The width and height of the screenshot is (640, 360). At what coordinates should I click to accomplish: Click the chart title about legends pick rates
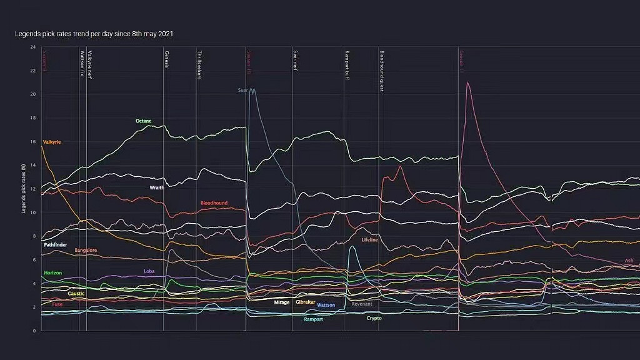click(94, 34)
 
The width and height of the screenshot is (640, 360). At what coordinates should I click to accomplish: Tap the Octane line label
click(144, 121)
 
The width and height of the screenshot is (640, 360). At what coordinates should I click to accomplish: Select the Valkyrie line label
click(51, 142)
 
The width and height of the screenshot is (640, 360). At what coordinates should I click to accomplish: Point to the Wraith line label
click(157, 187)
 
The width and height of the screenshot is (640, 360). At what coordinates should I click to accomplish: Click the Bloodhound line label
click(214, 203)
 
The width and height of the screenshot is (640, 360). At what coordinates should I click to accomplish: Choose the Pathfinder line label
click(56, 245)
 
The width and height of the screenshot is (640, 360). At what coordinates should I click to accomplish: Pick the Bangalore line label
click(86, 250)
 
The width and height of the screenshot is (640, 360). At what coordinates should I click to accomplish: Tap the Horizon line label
click(52, 273)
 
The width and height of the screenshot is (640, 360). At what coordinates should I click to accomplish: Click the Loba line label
click(149, 271)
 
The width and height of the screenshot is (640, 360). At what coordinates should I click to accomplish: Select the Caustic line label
click(76, 293)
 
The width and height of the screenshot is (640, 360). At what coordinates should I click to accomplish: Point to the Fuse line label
click(57, 304)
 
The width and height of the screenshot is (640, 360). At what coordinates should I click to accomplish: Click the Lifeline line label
click(369, 239)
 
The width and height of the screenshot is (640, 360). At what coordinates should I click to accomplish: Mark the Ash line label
click(629, 261)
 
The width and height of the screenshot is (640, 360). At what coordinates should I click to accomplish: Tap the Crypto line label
click(374, 318)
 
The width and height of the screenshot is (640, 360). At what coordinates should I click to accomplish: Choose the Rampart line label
click(313, 319)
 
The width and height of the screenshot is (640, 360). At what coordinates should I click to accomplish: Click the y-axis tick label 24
click(32, 47)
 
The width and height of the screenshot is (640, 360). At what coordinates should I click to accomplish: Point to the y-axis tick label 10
click(32, 212)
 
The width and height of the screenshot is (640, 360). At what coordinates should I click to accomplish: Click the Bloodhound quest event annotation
click(382, 71)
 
